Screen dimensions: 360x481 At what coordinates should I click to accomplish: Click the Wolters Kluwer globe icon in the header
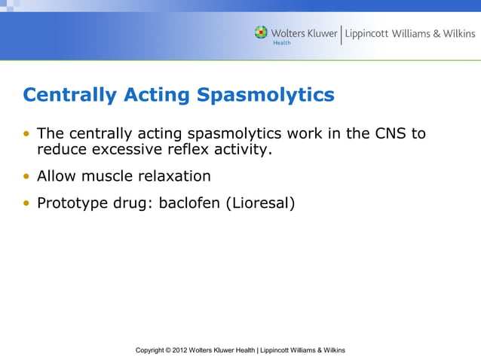point(261,32)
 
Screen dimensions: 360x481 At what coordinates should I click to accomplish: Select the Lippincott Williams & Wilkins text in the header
point(410,34)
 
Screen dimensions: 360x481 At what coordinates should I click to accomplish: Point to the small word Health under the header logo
point(281,43)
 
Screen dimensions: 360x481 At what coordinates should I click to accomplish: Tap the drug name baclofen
point(190,203)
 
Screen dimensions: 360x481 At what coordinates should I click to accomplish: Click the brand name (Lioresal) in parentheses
point(259,203)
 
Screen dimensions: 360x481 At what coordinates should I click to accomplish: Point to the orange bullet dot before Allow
point(27,177)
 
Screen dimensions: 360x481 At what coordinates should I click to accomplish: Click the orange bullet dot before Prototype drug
point(27,203)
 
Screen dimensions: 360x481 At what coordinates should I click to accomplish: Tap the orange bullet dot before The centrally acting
point(27,135)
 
